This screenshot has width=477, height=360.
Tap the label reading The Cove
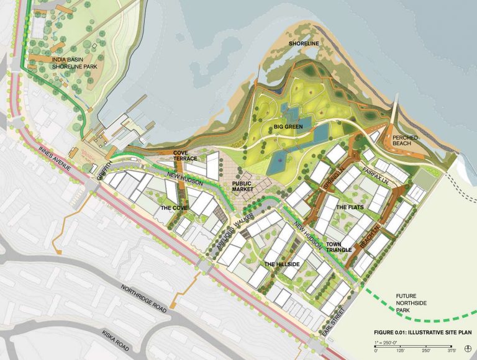pyautogui.click(x=175, y=208)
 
